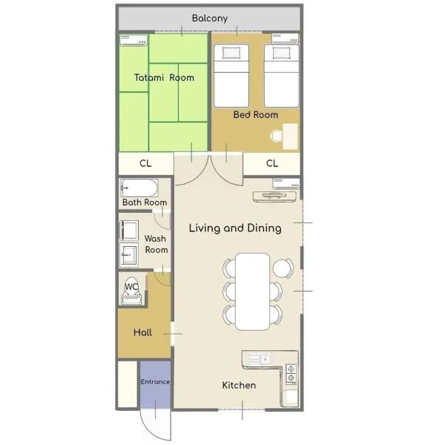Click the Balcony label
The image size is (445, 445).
pyautogui.click(x=210, y=19)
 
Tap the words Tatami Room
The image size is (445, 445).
pyautogui.click(x=164, y=77)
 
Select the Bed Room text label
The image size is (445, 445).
pyautogui.click(x=255, y=115)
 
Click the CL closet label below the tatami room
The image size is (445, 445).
pyautogui.click(x=145, y=163)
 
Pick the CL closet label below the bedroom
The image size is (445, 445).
pyautogui.click(x=272, y=163)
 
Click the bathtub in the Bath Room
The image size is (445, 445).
pyautogui.click(x=139, y=188)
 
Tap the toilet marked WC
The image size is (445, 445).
pyautogui.click(x=131, y=290)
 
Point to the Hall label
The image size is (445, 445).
pyautogui.click(x=142, y=332)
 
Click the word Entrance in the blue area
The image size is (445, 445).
pyautogui.click(x=155, y=382)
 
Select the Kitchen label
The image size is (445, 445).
pyautogui.click(x=239, y=386)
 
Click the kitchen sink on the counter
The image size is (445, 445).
pyautogui.click(x=260, y=359)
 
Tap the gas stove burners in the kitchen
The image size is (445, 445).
pyautogui.click(x=291, y=374)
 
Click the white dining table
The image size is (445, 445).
pyautogui.click(x=253, y=291)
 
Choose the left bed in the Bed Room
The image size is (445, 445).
pyautogui.click(x=231, y=76)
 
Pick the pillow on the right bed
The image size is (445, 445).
pyautogui.click(x=282, y=53)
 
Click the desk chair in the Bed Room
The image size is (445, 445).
pyautogui.click(x=276, y=136)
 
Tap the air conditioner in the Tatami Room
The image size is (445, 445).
pyautogui.click(x=133, y=40)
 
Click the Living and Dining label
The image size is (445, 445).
pyautogui.click(x=235, y=228)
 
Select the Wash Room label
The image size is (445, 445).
pyautogui.click(x=156, y=244)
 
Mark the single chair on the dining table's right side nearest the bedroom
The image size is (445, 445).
pyautogui.click(x=283, y=268)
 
